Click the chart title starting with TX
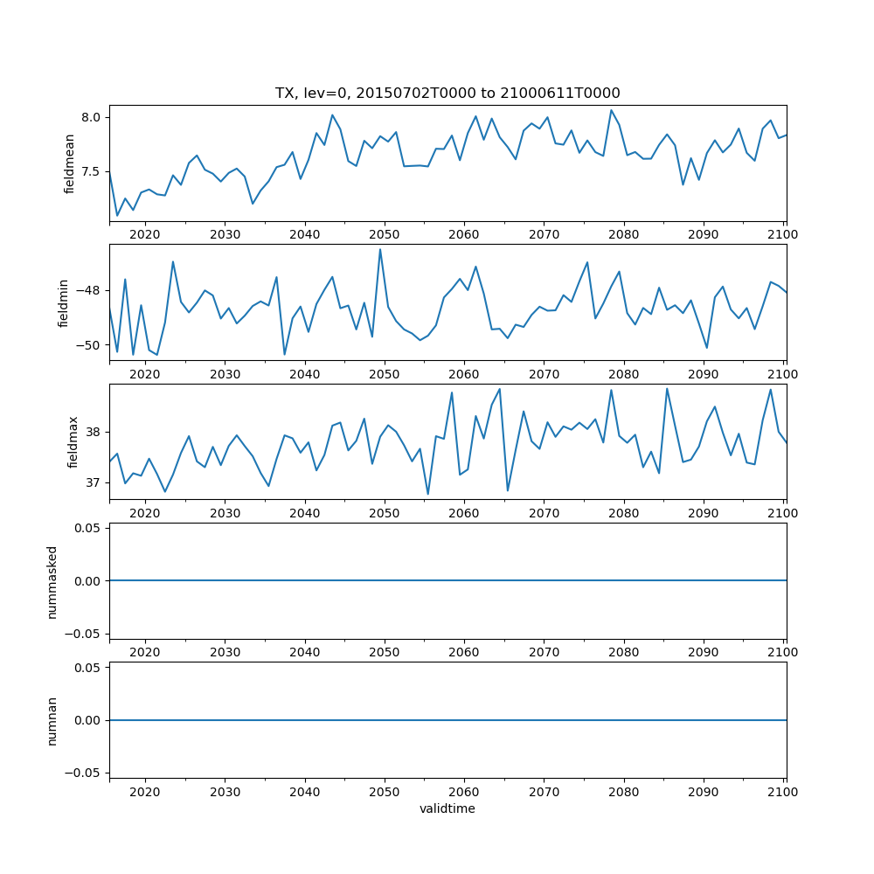447,94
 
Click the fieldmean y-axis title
70,163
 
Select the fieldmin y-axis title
63,302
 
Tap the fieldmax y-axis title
73,441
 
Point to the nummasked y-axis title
52,580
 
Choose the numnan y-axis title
52,720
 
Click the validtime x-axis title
447,809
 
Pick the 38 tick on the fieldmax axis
94,432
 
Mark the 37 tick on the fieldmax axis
94,482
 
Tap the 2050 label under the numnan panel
385,791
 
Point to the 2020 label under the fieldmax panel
145,513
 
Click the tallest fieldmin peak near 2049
380,249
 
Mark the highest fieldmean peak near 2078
611,110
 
